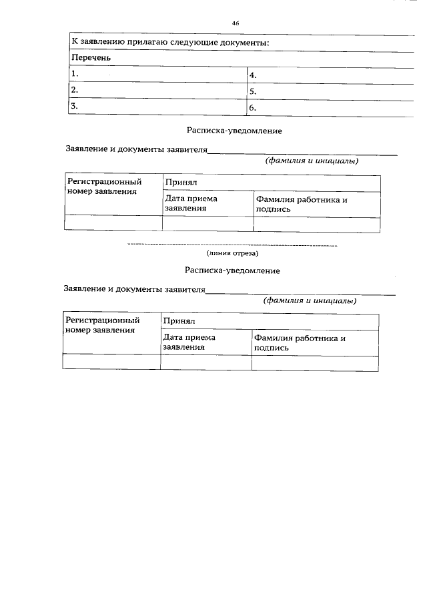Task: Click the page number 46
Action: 236,23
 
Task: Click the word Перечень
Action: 91,58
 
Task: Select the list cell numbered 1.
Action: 157,75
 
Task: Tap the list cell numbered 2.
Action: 157,90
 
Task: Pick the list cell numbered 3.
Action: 157,106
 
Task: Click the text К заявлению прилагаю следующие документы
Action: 170,43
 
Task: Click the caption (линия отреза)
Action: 232,253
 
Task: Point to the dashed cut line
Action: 232,246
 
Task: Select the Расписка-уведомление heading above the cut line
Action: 234,131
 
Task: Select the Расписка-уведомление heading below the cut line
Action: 232,271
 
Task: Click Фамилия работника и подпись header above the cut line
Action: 302,204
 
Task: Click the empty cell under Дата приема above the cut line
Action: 208,225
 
